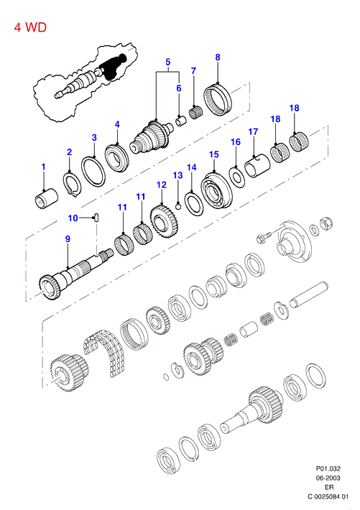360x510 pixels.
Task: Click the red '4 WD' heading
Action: tap(30, 27)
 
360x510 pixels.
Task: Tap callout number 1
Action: tap(43, 167)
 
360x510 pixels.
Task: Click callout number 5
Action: tap(168, 62)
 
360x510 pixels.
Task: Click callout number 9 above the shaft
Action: tap(68, 239)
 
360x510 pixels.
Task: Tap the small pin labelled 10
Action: tap(97, 217)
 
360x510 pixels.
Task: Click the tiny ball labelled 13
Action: tap(178, 206)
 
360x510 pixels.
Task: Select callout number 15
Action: tap(214, 154)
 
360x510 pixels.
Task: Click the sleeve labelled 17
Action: tap(257, 165)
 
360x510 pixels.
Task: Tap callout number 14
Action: tap(192, 167)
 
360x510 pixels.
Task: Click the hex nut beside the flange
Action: tap(326, 223)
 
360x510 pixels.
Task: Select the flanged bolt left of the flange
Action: tap(264, 238)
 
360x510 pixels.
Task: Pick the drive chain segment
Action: tap(105, 352)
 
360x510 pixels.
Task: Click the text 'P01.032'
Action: tap(328, 468)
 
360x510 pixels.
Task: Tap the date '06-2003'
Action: tap(328, 478)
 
